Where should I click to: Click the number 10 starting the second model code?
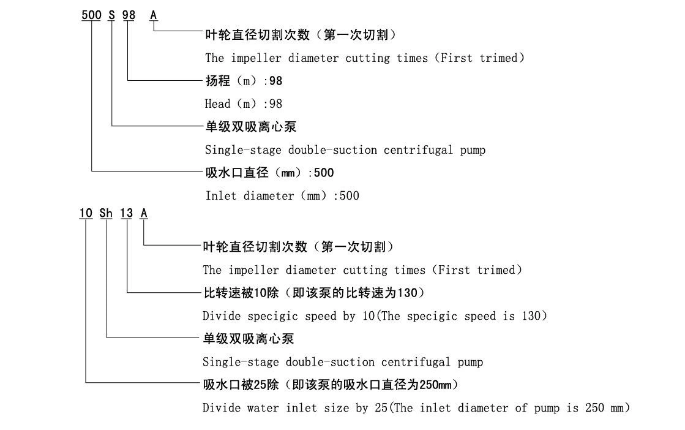pos(85,213)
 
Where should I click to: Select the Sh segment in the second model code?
pos(107,213)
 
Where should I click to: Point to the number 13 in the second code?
pos(126,213)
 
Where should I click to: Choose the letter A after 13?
pos(144,213)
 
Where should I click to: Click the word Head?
pos(217,104)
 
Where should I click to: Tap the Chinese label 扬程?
pos(216,80)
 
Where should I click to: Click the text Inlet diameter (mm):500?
pos(282,196)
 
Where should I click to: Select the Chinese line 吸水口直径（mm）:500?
pos(269,173)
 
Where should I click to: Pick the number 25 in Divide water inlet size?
pos(380,408)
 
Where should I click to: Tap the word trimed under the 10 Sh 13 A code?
pos(498,270)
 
